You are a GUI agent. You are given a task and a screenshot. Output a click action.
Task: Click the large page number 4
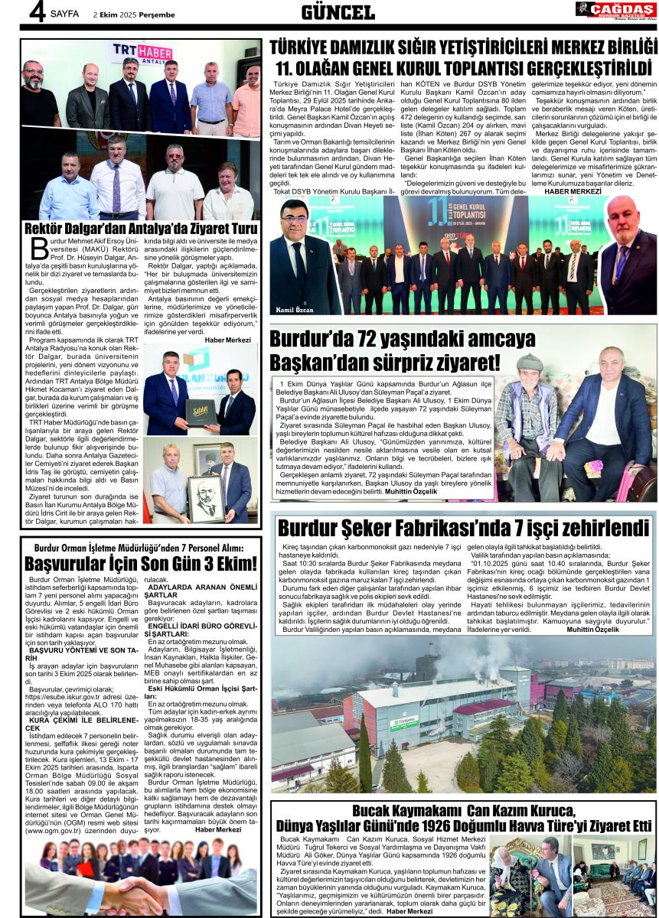coord(35,14)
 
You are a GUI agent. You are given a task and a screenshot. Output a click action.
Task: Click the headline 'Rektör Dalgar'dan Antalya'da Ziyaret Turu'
coord(141,229)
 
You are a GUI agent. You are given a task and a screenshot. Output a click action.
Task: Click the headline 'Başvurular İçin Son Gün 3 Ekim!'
coord(140,564)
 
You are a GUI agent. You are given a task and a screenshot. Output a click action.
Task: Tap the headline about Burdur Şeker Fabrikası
coord(463,528)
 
